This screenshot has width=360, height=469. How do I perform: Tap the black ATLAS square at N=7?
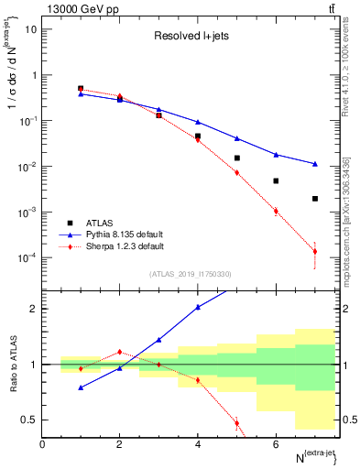coord(314,199)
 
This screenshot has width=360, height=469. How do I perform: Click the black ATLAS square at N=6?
coord(276,181)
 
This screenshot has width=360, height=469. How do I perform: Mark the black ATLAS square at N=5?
coord(236,158)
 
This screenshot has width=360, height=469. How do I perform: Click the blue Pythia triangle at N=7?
coord(314,164)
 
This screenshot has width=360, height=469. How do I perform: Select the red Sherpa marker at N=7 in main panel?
coord(314,252)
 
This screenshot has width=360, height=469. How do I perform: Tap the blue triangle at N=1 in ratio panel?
coord(82,387)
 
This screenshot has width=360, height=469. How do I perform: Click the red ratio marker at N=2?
coord(120,352)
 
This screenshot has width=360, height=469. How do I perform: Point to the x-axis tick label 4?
coord(198,444)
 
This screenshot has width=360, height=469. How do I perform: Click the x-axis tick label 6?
coord(276,444)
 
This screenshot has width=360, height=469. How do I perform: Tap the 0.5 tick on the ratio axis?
coord(32,420)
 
